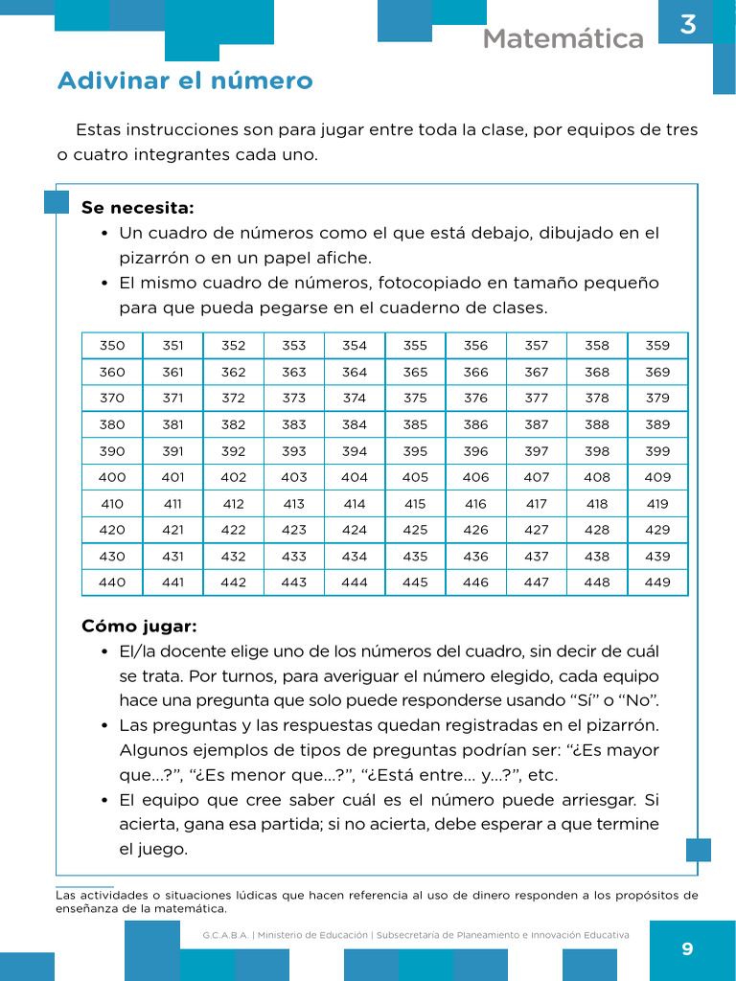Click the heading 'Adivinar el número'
[185, 80]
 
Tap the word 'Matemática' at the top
[563, 39]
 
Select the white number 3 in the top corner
[687, 25]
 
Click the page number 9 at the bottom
[686, 949]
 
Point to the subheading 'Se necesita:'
[137, 208]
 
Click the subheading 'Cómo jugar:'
[139, 627]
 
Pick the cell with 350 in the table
[112, 346]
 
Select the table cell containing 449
[657, 582]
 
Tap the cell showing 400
[112, 477]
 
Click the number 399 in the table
[657, 451]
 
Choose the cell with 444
[355, 582]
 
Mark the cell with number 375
[415, 399]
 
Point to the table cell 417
[537, 504]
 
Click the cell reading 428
[597, 530]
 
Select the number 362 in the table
[233, 373]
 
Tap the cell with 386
[475, 424]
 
